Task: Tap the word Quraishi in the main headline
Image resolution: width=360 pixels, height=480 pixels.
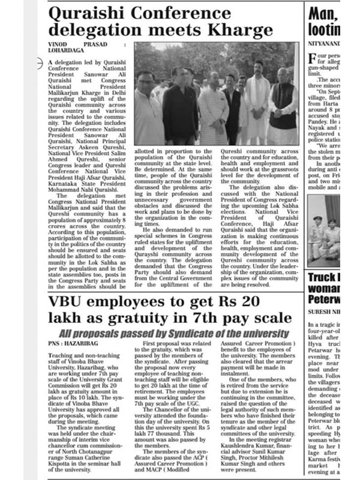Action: point(87,11)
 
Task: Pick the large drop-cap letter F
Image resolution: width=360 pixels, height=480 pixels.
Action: point(313,59)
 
